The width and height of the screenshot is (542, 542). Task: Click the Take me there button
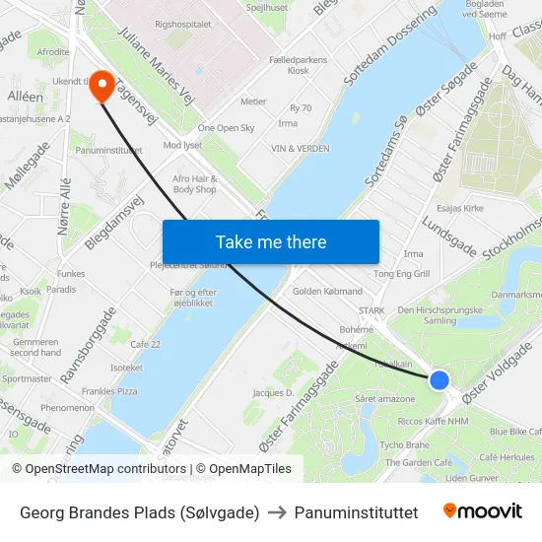(x=271, y=241)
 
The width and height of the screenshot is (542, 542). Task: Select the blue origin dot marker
(x=440, y=379)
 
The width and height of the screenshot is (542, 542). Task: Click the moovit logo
(x=482, y=511)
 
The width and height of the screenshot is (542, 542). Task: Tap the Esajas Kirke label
(x=460, y=209)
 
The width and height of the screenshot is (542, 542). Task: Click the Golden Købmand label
(x=327, y=292)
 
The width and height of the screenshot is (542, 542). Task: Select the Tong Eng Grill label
(x=402, y=274)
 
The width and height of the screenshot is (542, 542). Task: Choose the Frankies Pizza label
(x=109, y=391)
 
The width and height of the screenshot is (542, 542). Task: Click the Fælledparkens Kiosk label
(x=298, y=65)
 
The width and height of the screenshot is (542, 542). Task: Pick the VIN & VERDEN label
(x=301, y=149)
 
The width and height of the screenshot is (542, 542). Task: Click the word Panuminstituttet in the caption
(x=357, y=512)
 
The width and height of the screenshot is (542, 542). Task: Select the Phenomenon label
(x=68, y=408)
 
